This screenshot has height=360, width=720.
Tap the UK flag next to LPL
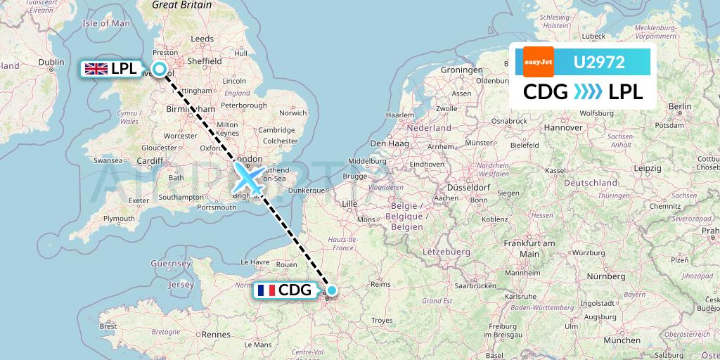click(x=95, y=68)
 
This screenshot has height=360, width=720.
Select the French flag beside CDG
click(x=266, y=290)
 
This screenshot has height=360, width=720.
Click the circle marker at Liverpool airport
click(x=160, y=69)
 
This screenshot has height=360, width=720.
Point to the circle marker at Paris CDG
click(x=331, y=290)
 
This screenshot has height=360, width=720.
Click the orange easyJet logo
click(x=539, y=63)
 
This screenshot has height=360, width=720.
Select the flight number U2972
click(x=600, y=63)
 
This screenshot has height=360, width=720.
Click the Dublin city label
click(x=51, y=62)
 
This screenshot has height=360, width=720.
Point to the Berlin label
click(x=681, y=106)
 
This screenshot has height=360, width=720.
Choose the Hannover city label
click(x=563, y=127)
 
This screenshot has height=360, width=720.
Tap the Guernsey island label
click(x=171, y=264)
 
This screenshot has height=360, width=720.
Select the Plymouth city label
click(x=118, y=219)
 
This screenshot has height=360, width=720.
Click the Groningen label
click(x=461, y=70)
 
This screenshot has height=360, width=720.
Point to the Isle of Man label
click(x=106, y=23)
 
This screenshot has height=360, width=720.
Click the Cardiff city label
click(x=150, y=160)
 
